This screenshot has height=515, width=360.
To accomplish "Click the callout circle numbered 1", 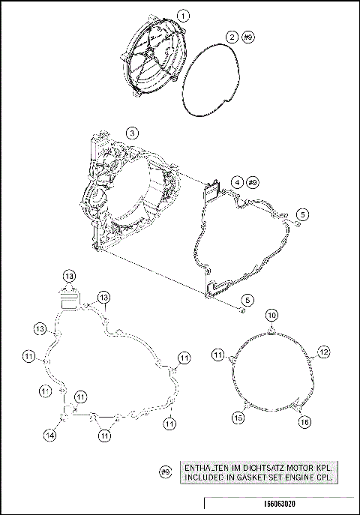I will point(184,14).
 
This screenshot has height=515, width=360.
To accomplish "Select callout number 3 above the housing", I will point(132,133).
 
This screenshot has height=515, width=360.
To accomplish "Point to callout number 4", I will point(235,182).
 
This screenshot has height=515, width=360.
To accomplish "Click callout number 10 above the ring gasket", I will point(272,315).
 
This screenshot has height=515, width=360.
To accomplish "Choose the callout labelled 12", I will point(323,351).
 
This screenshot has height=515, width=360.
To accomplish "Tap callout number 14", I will point(50,435).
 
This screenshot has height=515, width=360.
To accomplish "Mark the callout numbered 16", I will point(304,423).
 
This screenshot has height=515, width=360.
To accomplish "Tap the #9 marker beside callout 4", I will point(253,182).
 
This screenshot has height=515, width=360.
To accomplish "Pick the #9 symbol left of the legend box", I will point(166,472).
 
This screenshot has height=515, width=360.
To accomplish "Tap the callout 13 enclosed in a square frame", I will point(69,276).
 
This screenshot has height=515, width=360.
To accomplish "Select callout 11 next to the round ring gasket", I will point(218,353).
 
